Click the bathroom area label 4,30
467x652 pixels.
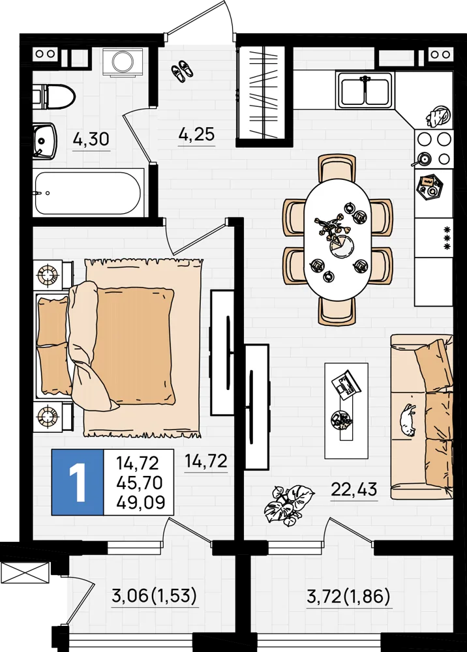(x=91, y=138)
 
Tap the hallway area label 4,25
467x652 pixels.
(x=196, y=134)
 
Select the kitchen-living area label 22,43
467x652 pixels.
(x=354, y=489)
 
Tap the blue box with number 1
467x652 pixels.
(x=78, y=482)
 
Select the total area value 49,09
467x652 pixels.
(x=141, y=502)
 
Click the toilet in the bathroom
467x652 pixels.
(x=53, y=96)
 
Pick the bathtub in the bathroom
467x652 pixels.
(x=88, y=193)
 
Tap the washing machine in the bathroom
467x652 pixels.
(x=123, y=63)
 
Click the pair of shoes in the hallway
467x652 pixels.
(x=182, y=70)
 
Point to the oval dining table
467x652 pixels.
(x=338, y=239)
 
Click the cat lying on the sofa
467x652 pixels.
(x=407, y=420)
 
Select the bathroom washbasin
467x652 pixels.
(x=45, y=141)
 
